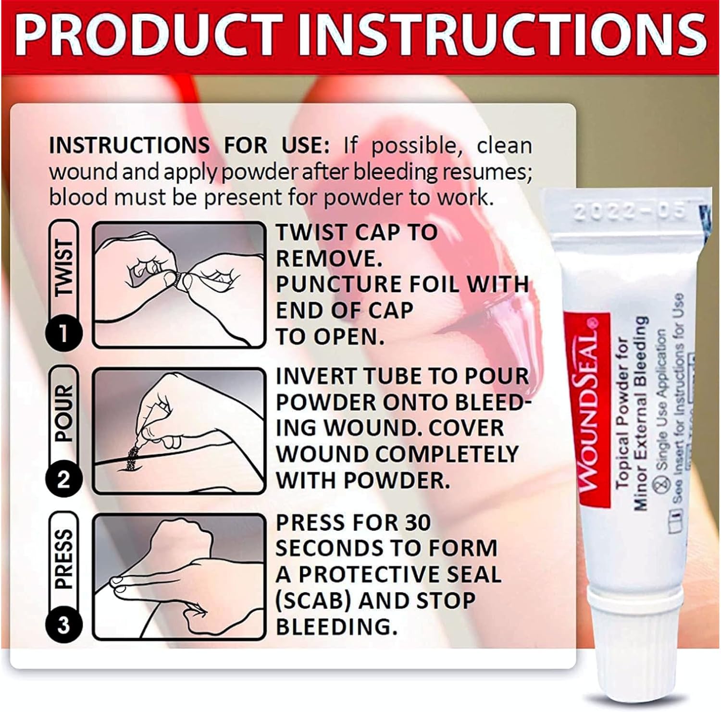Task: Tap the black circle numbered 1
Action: tap(63, 332)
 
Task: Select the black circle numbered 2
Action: tap(63, 479)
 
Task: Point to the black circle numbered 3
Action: tap(63, 625)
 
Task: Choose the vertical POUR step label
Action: tap(63, 413)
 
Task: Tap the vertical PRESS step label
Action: tap(63, 560)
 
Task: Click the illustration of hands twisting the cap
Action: tap(179, 284)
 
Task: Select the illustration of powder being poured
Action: tap(179, 430)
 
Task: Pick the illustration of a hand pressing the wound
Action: tap(179, 577)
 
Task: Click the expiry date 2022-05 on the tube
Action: tap(630, 212)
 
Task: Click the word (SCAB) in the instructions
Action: tap(313, 601)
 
